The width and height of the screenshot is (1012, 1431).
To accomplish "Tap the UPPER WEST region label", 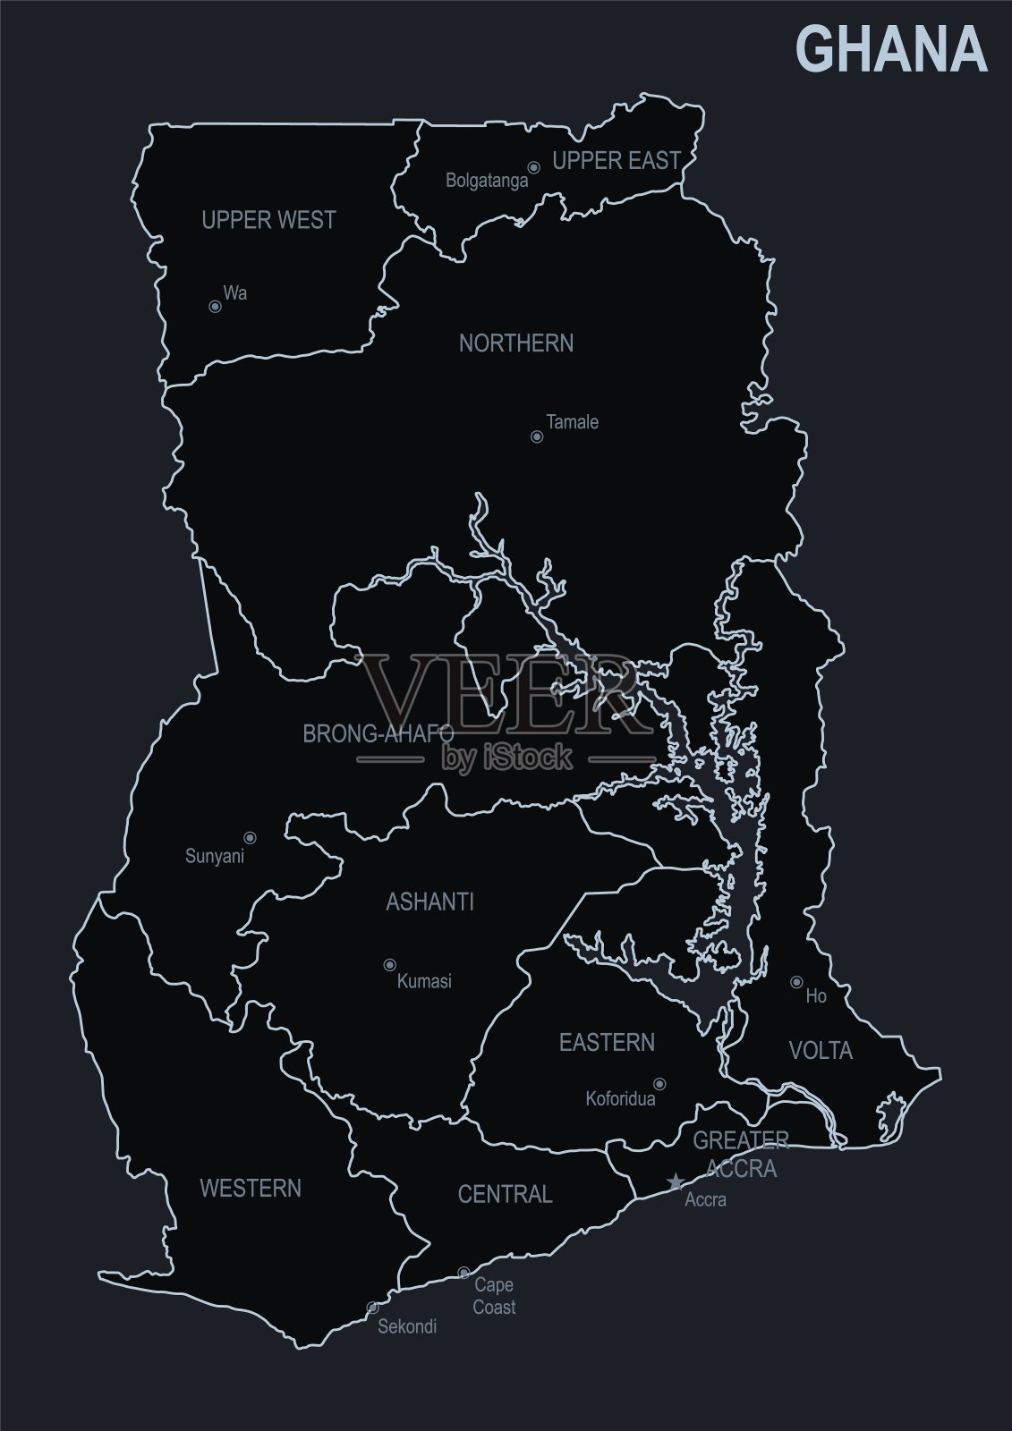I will tap(268, 220).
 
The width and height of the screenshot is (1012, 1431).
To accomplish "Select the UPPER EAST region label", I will tap(617, 161).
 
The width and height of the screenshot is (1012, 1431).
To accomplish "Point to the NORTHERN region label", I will tap(516, 343).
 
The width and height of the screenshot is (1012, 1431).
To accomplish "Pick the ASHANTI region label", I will tap(429, 902).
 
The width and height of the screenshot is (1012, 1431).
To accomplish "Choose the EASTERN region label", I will tap(607, 1043).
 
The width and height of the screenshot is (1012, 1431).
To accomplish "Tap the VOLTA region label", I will tap(821, 1051).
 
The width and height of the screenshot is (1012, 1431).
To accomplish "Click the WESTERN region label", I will tap(251, 1189).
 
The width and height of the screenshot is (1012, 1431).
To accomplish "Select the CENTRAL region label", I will tap(506, 1194).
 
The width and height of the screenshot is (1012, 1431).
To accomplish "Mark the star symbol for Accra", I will tap(676, 1183).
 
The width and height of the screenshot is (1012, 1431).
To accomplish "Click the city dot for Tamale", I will tap(537, 437).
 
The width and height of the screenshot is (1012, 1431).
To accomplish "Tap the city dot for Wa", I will tap(215, 307).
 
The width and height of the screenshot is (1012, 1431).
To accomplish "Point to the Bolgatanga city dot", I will tap(533, 167).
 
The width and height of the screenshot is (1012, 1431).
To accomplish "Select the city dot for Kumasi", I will tap(389, 965).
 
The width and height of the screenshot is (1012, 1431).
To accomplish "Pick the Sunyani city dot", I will tap(251, 838).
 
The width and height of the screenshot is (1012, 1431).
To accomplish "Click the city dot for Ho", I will tap(795, 982).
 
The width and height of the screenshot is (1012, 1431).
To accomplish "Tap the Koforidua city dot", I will tap(659, 1084).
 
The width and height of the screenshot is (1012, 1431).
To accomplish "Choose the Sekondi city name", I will tap(407, 1326).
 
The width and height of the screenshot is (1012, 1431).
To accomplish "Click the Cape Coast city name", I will tap(495, 1296).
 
